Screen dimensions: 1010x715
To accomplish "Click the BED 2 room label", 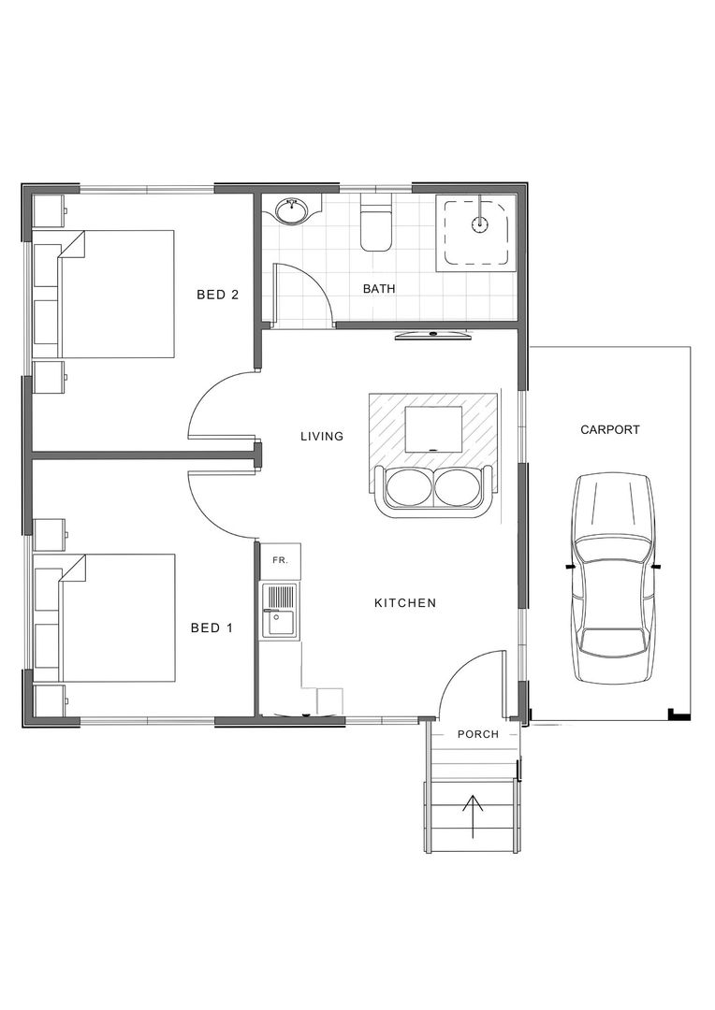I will [x=217, y=296].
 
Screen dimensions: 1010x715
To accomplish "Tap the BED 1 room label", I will [x=212, y=628].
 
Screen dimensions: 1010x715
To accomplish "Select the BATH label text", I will [x=379, y=289].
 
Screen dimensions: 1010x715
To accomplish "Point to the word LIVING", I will [x=322, y=436].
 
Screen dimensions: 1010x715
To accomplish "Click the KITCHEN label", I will [x=405, y=603].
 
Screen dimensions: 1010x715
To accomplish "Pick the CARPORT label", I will [x=610, y=430].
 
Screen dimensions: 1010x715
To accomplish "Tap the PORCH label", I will [x=477, y=734].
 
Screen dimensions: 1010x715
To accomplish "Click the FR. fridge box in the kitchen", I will [x=279, y=559].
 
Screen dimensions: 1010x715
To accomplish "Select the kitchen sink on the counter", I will [x=280, y=609].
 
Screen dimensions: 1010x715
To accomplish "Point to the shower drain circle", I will [x=480, y=224].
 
